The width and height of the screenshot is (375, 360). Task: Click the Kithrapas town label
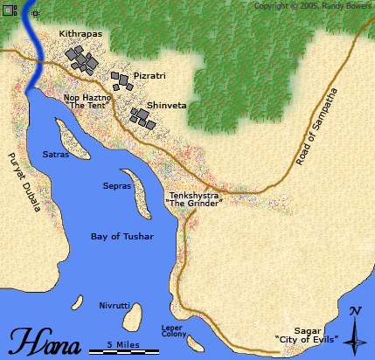(80, 33)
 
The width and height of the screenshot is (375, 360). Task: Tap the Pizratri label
(150, 75)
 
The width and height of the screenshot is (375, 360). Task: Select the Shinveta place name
(167, 105)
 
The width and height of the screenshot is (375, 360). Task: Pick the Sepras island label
(116, 186)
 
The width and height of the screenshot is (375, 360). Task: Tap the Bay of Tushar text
(122, 237)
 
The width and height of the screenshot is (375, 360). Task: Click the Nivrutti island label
(114, 307)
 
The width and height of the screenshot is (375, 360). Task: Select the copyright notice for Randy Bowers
(313, 6)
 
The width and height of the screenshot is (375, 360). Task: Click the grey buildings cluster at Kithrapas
(82, 59)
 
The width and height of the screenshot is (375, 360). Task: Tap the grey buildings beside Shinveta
(142, 118)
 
